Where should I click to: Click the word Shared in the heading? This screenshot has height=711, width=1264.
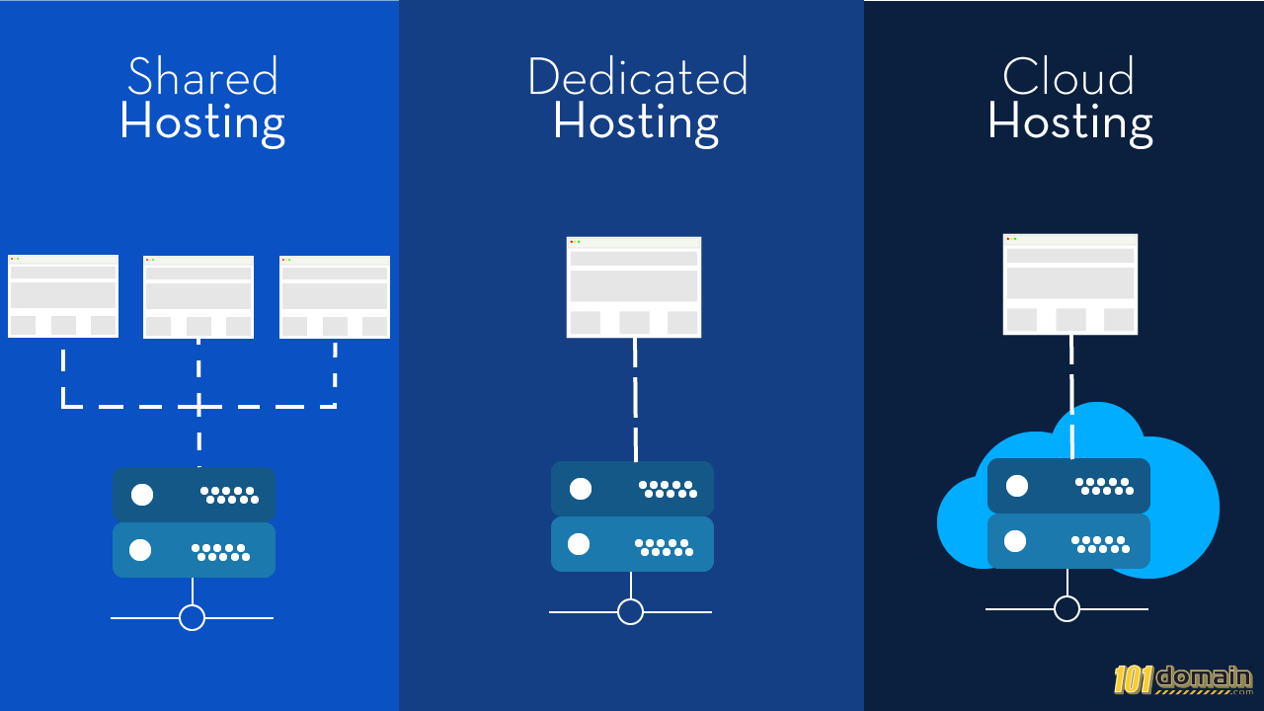point(202,77)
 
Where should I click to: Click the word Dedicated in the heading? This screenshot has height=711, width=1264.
point(637,77)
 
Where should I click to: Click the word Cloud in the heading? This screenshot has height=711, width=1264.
point(1068,77)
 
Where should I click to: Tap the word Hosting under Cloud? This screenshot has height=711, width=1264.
point(1069,122)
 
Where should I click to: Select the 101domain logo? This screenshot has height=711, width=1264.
point(1183,679)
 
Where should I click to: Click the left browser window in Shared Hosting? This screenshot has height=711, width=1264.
point(63,296)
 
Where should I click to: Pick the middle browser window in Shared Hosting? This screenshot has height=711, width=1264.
point(198,297)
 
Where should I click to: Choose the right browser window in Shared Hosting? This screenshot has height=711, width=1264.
point(335,297)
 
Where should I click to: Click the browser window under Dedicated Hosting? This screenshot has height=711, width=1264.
point(634,287)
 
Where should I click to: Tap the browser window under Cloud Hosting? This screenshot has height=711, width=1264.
point(1070,284)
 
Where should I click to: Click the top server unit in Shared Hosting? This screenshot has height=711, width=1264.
point(194,495)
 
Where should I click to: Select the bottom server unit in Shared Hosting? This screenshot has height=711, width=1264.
point(194,550)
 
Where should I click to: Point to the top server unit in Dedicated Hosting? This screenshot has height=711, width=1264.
point(632,489)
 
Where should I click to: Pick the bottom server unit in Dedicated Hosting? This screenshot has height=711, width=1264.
point(632,544)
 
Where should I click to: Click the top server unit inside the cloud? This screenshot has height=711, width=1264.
point(1068,486)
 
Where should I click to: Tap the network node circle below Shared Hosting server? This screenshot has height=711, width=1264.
point(192,617)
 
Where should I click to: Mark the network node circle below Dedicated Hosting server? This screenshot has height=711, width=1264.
point(630,612)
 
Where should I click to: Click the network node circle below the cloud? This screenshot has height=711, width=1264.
point(1066,608)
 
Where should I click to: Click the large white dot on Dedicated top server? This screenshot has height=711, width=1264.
point(581,489)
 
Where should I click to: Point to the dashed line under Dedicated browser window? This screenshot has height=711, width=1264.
point(635,400)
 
